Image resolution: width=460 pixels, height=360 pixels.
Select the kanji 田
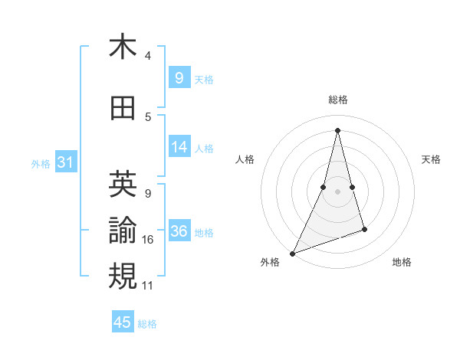(x=123, y=109)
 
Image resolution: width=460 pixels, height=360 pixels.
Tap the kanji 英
(x=123, y=184)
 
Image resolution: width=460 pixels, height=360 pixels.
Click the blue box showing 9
(x=179, y=77)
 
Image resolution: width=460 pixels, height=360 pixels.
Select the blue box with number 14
(x=179, y=147)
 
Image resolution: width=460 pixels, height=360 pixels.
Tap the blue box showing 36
(x=179, y=231)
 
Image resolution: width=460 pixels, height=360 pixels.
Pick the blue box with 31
(x=65, y=162)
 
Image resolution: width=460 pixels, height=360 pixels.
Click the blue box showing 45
(x=123, y=322)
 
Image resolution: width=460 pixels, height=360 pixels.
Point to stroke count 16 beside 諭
(x=148, y=240)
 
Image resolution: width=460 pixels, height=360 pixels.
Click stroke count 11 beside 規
(x=148, y=286)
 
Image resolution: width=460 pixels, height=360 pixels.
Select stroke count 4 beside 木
(x=148, y=56)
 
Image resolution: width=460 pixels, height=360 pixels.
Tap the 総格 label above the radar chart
(x=337, y=100)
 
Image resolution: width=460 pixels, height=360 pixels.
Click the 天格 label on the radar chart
(x=431, y=159)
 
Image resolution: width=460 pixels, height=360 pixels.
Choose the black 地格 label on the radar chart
(x=402, y=262)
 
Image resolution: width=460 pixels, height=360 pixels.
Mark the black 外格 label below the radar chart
(x=270, y=262)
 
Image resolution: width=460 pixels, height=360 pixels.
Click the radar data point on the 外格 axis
(x=292, y=254)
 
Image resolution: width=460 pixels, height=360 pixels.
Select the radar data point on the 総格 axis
(x=337, y=129)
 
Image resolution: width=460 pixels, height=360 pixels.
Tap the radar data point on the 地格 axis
(x=364, y=229)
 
